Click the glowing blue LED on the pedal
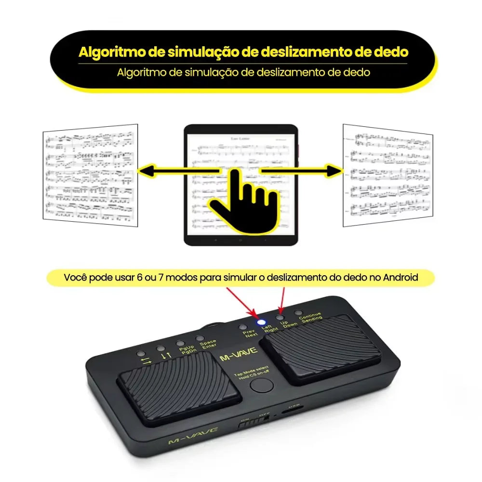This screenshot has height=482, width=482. click(262, 321)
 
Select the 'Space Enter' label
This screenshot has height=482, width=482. click(209, 345)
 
